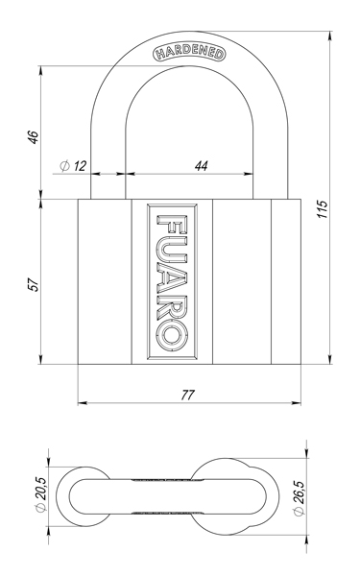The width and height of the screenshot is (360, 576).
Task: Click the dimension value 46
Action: point(34,134)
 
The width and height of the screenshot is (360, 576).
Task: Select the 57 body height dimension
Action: point(34,284)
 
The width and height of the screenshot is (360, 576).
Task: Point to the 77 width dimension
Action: point(189,395)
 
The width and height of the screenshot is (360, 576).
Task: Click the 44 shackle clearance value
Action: point(202,165)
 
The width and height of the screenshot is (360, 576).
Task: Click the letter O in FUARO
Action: point(170,331)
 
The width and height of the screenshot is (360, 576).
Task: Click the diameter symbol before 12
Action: point(63,165)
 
